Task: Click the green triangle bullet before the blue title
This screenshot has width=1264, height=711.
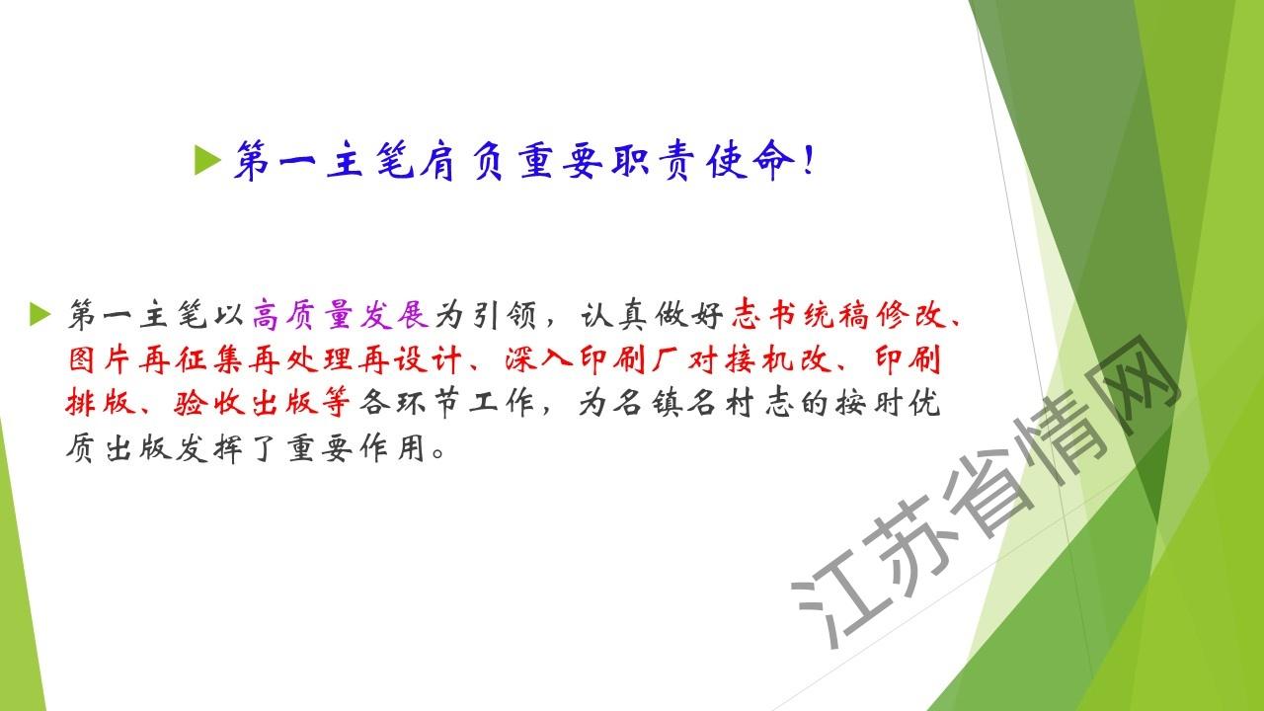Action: pyautogui.click(x=206, y=160)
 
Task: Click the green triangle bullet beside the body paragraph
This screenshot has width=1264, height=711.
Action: pyautogui.click(x=40, y=314)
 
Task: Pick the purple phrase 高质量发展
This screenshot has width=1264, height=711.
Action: pyautogui.click(x=340, y=314)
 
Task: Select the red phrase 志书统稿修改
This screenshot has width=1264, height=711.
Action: pyautogui.click(x=838, y=314)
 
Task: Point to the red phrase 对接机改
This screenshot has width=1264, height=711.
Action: pyautogui.click(x=759, y=359)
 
